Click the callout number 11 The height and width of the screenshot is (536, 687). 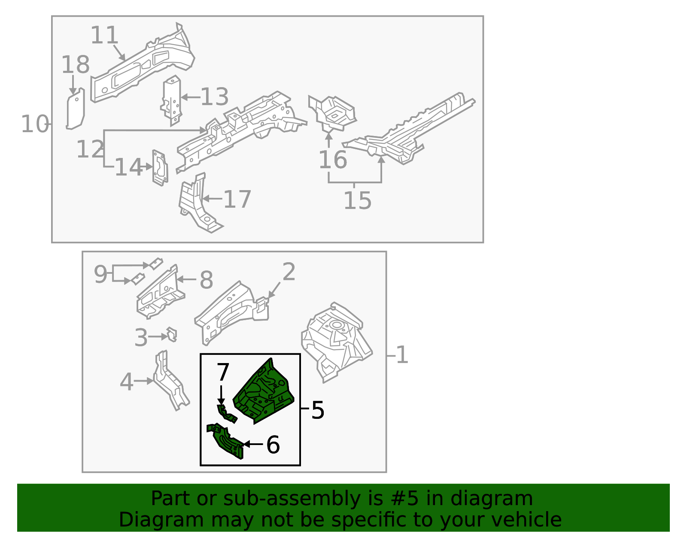104,35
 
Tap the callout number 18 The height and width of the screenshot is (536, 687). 75,65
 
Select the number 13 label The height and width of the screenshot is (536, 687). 215,97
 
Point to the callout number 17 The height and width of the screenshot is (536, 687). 237,199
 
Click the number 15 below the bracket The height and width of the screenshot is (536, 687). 358,200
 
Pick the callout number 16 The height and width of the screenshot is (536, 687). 333,160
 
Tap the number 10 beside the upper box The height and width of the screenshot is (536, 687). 35,124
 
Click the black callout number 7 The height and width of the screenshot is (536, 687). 223,372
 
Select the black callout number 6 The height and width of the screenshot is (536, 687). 273,445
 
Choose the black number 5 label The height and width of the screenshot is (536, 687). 318,410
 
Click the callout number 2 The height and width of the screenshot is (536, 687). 289,271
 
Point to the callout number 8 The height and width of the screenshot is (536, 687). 207,280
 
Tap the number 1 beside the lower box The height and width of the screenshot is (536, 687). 402,355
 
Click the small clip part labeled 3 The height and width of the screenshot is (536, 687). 172,334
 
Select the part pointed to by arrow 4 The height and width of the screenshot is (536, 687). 171,380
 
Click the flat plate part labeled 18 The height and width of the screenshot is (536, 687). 76,109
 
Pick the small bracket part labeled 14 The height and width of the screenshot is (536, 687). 160,168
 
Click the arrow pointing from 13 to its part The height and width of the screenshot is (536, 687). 191,97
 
